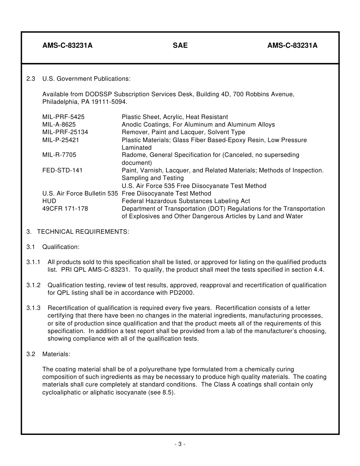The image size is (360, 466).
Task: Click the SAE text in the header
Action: [180, 46]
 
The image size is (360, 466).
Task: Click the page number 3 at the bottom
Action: [180, 444]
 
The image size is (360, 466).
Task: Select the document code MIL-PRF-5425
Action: [63, 117]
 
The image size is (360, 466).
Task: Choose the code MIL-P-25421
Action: [61, 140]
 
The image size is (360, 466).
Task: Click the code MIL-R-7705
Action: [59, 155]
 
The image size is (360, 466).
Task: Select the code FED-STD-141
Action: [62, 170]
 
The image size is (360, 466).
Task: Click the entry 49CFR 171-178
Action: [65, 209]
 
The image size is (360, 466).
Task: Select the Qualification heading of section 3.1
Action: [61, 247]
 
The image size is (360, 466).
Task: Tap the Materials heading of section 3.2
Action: [56, 354]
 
